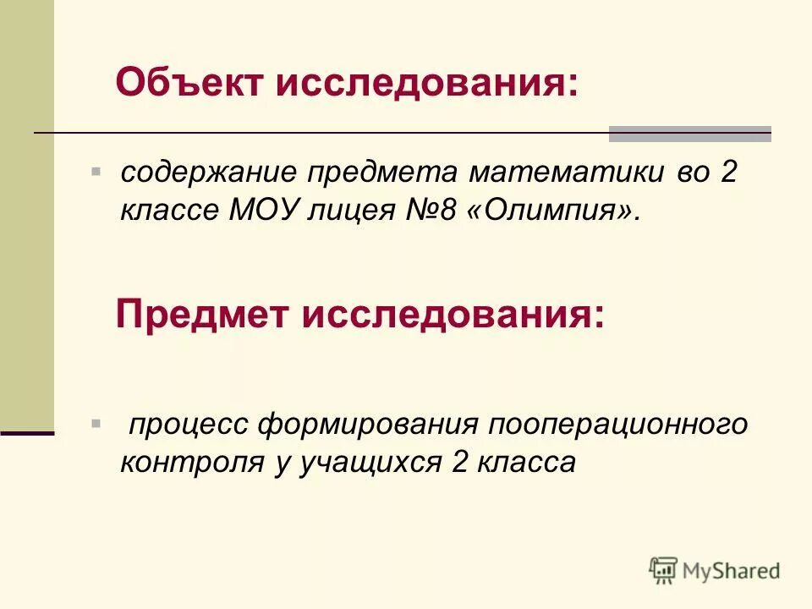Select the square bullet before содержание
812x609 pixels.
click(96, 171)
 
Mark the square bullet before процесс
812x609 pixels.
click(96, 421)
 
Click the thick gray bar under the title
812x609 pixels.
click(689, 134)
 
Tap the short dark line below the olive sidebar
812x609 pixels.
click(27, 432)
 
